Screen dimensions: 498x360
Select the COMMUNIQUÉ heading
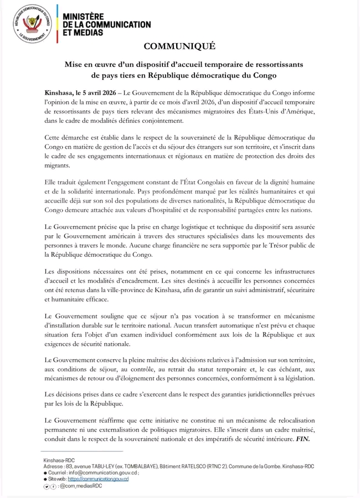tap(179, 46)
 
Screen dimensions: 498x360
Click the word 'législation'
tap(295, 378)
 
